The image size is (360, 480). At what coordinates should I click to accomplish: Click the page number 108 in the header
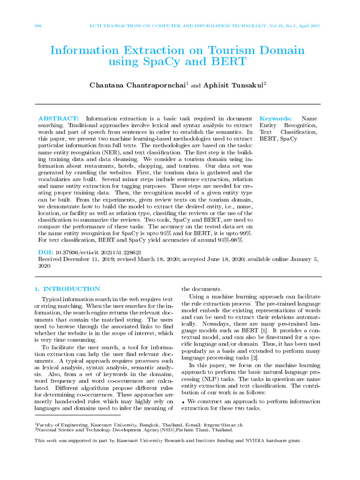pos(38,26)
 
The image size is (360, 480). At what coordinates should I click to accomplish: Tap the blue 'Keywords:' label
pos(276,119)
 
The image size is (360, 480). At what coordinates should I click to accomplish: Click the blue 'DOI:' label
pos(45,252)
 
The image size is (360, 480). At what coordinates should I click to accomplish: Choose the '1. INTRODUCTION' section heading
pos(67,289)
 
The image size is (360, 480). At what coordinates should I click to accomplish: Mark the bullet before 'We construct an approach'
pos(183,402)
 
